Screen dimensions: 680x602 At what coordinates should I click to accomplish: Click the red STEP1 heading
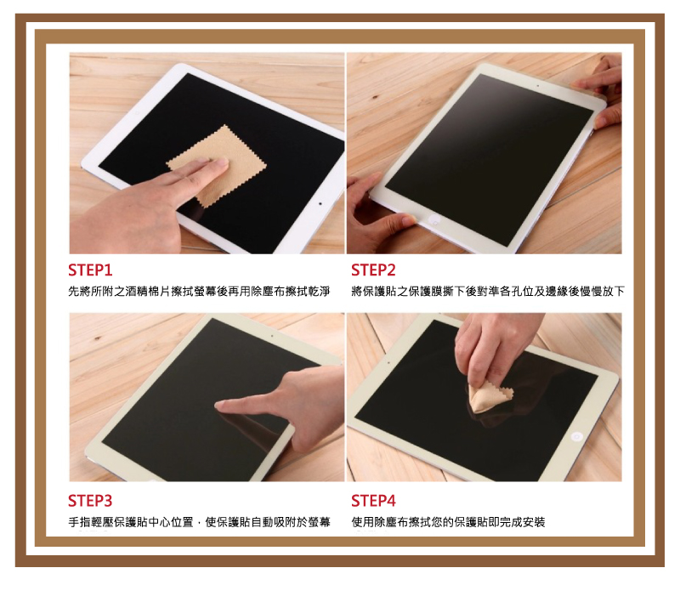click(x=90, y=270)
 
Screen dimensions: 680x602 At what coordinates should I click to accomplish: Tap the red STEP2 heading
click(x=373, y=270)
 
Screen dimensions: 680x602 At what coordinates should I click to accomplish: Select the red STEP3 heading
click(x=90, y=501)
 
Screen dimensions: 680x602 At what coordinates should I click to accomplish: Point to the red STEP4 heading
click(x=373, y=501)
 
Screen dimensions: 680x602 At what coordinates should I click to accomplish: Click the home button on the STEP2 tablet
click(x=433, y=220)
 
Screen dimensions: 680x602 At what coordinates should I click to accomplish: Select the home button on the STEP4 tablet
click(x=576, y=437)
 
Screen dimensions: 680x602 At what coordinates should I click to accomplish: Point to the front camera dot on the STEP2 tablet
click(x=538, y=86)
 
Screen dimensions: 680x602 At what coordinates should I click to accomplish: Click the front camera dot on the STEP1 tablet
click(x=320, y=203)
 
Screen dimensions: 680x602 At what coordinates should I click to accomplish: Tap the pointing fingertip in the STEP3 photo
click(x=220, y=405)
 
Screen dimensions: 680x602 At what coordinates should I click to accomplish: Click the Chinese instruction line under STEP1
click(x=199, y=291)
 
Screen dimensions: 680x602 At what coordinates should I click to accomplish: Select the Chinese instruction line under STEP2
click(x=488, y=291)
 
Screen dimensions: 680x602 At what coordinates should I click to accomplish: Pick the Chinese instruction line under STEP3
click(x=199, y=522)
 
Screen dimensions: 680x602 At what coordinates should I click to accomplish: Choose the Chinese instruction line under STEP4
click(x=448, y=522)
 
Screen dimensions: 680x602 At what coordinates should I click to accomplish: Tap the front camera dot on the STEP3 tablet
click(x=272, y=336)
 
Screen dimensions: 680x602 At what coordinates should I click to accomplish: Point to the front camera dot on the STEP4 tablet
click(x=388, y=362)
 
